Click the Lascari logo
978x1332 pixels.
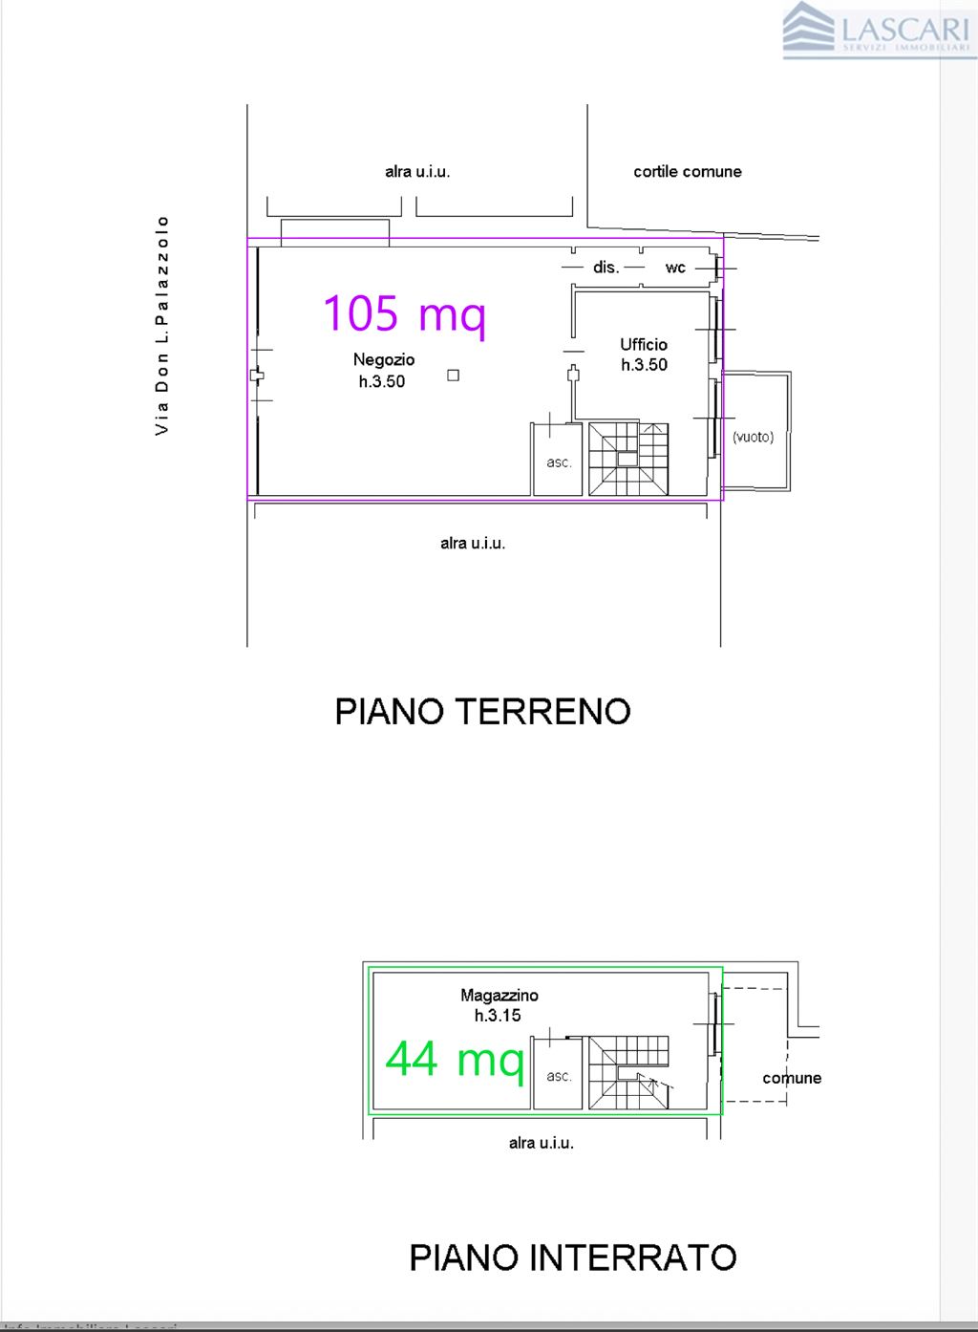point(876,30)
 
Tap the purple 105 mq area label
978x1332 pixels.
point(405,313)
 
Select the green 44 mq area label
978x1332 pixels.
point(455,1059)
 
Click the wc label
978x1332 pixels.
point(675,268)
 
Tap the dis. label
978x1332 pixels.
point(606,268)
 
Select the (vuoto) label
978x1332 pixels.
point(753,437)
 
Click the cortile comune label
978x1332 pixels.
point(687,172)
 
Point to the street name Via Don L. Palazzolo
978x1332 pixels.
point(162,325)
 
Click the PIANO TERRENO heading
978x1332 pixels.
point(482,712)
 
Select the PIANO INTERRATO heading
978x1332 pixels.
point(572,1257)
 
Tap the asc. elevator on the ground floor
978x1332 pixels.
point(559,462)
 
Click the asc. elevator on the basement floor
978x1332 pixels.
point(559,1076)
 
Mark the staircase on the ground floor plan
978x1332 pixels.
point(627,459)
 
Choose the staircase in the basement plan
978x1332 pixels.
point(627,1072)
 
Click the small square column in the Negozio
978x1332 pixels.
point(454,376)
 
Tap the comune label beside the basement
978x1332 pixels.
point(791,1078)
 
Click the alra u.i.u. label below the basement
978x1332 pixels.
point(541,1143)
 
